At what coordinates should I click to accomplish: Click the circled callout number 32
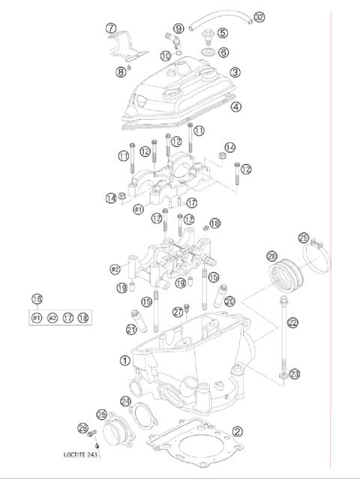click(x=238, y=16)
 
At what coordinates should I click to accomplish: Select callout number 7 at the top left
click(x=111, y=28)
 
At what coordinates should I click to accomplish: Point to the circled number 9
click(x=178, y=28)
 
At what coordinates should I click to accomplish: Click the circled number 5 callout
click(x=223, y=33)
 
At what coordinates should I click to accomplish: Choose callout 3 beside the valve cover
click(x=235, y=73)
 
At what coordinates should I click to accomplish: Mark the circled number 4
click(x=235, y=106)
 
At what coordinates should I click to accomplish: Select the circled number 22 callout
click(x=292, y=322)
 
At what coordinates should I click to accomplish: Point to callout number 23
click(x=295, y=373)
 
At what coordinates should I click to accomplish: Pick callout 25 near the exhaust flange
click(x=101, y=414)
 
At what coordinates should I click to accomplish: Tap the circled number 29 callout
click(x=304, y=238)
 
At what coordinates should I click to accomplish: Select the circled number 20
click(x=229, y=301)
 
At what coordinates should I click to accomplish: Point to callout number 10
click(x=166, y=55)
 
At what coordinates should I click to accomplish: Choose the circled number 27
click(x=178, y=312)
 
